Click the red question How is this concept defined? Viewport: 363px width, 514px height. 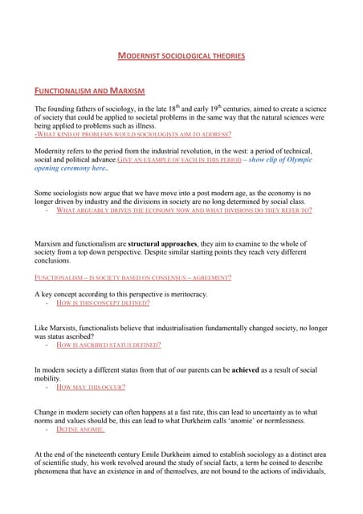103,304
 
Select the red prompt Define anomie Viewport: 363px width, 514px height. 80,430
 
